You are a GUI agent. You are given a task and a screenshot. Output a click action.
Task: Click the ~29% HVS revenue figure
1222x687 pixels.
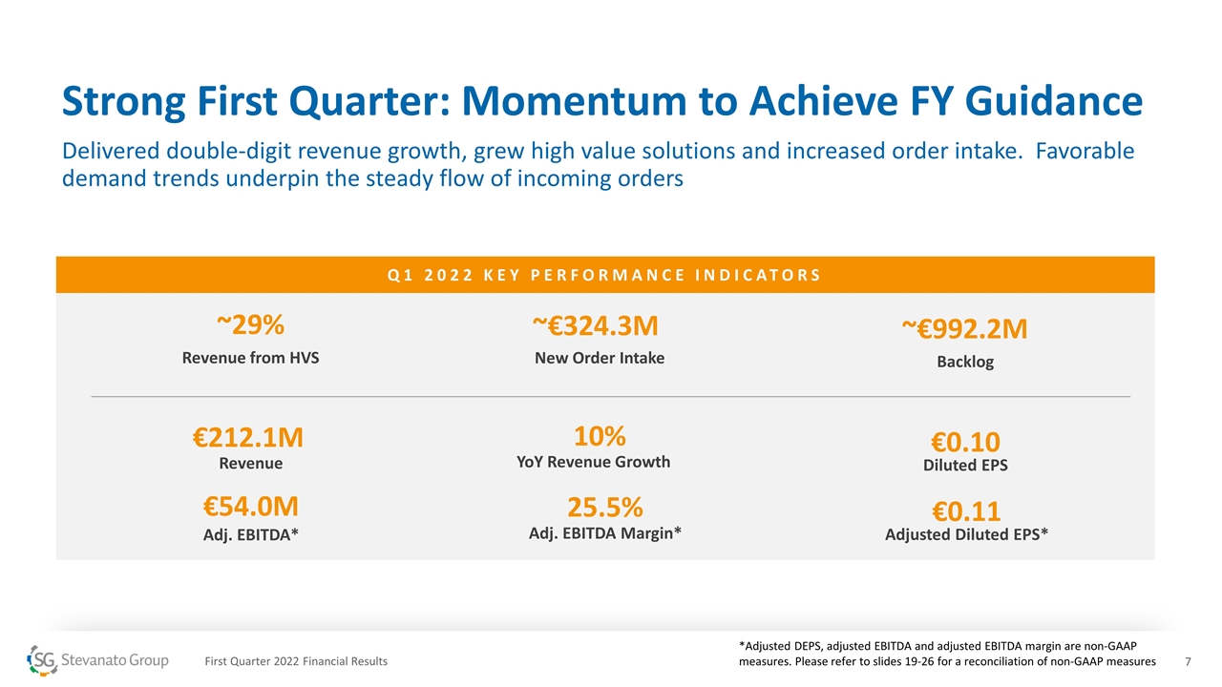250,325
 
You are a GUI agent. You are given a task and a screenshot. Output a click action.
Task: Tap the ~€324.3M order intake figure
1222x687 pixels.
596,326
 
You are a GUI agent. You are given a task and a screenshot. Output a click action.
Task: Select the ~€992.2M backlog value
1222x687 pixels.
964,329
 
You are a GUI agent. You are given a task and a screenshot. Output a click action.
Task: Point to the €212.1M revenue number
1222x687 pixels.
247,438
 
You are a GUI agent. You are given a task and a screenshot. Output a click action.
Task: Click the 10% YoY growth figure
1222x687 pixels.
600,436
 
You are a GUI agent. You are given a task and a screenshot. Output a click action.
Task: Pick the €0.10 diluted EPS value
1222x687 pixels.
965,442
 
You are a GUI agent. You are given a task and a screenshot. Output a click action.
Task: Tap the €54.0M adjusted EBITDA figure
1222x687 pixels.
250,507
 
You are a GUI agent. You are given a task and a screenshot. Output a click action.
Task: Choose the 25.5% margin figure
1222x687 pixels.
605,507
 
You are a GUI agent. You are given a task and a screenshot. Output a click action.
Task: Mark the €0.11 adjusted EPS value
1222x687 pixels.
965,511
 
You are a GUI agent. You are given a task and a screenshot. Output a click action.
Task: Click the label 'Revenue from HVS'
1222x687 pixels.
250,358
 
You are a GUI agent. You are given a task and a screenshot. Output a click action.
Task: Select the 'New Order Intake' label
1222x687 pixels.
600,358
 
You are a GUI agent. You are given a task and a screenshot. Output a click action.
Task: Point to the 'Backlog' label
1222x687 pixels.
965,362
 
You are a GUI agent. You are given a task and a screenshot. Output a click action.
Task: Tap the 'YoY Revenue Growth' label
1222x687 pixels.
594,462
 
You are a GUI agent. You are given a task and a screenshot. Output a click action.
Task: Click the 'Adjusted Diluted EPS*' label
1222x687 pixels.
966,534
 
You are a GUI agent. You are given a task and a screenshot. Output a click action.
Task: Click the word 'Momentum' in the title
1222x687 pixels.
574,101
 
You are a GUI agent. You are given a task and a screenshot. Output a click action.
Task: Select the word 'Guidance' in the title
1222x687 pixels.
1053,101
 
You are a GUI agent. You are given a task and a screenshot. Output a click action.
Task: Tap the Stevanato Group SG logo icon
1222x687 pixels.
42,660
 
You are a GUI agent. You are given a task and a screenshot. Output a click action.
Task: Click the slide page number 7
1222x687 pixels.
1189,661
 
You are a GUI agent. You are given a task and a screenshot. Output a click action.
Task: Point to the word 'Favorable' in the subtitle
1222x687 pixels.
1085,151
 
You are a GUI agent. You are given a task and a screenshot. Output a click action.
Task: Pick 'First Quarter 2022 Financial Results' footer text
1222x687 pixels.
296,661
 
